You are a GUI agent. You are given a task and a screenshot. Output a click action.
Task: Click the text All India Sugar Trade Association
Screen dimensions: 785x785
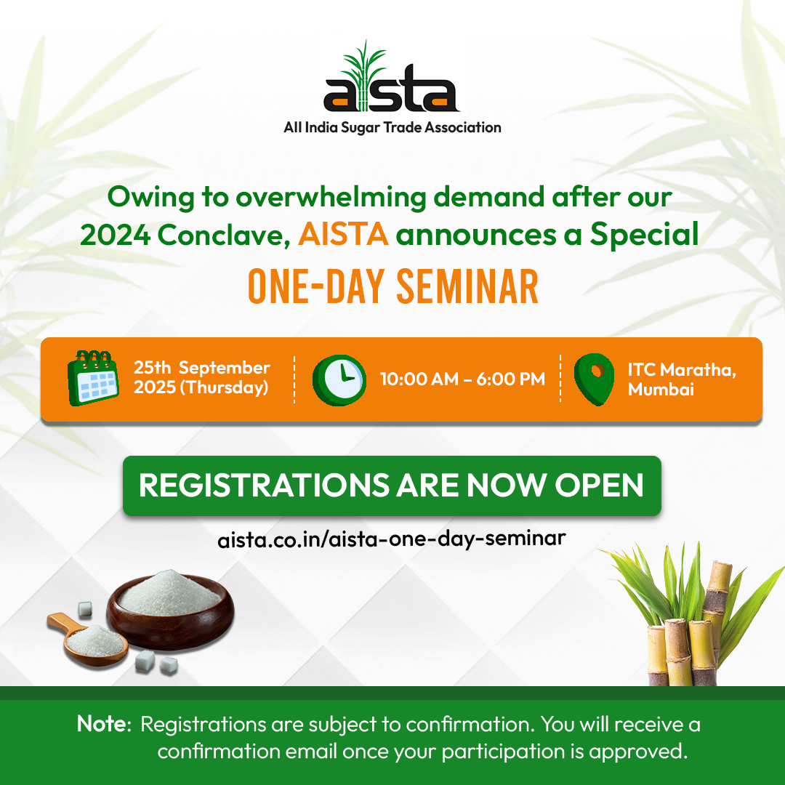point(392,128)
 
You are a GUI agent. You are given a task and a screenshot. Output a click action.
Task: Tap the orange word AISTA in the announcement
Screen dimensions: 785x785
point(343,235)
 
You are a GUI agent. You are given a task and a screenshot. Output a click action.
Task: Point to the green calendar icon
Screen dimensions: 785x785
point(93,378)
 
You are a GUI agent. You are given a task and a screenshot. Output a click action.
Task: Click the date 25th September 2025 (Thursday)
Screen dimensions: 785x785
point(201,378)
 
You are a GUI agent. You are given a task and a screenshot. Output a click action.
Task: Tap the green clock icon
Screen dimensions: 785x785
point(339,380)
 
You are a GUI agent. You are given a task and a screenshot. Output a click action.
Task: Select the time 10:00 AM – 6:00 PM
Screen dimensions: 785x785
point(462,379)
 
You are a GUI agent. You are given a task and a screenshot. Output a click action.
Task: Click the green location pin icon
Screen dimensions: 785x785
point(595,378)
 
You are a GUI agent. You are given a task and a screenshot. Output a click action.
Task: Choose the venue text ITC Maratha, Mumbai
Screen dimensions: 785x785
point(682,379)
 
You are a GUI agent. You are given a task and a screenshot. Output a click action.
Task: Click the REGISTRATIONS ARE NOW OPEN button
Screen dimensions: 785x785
point(392,486)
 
